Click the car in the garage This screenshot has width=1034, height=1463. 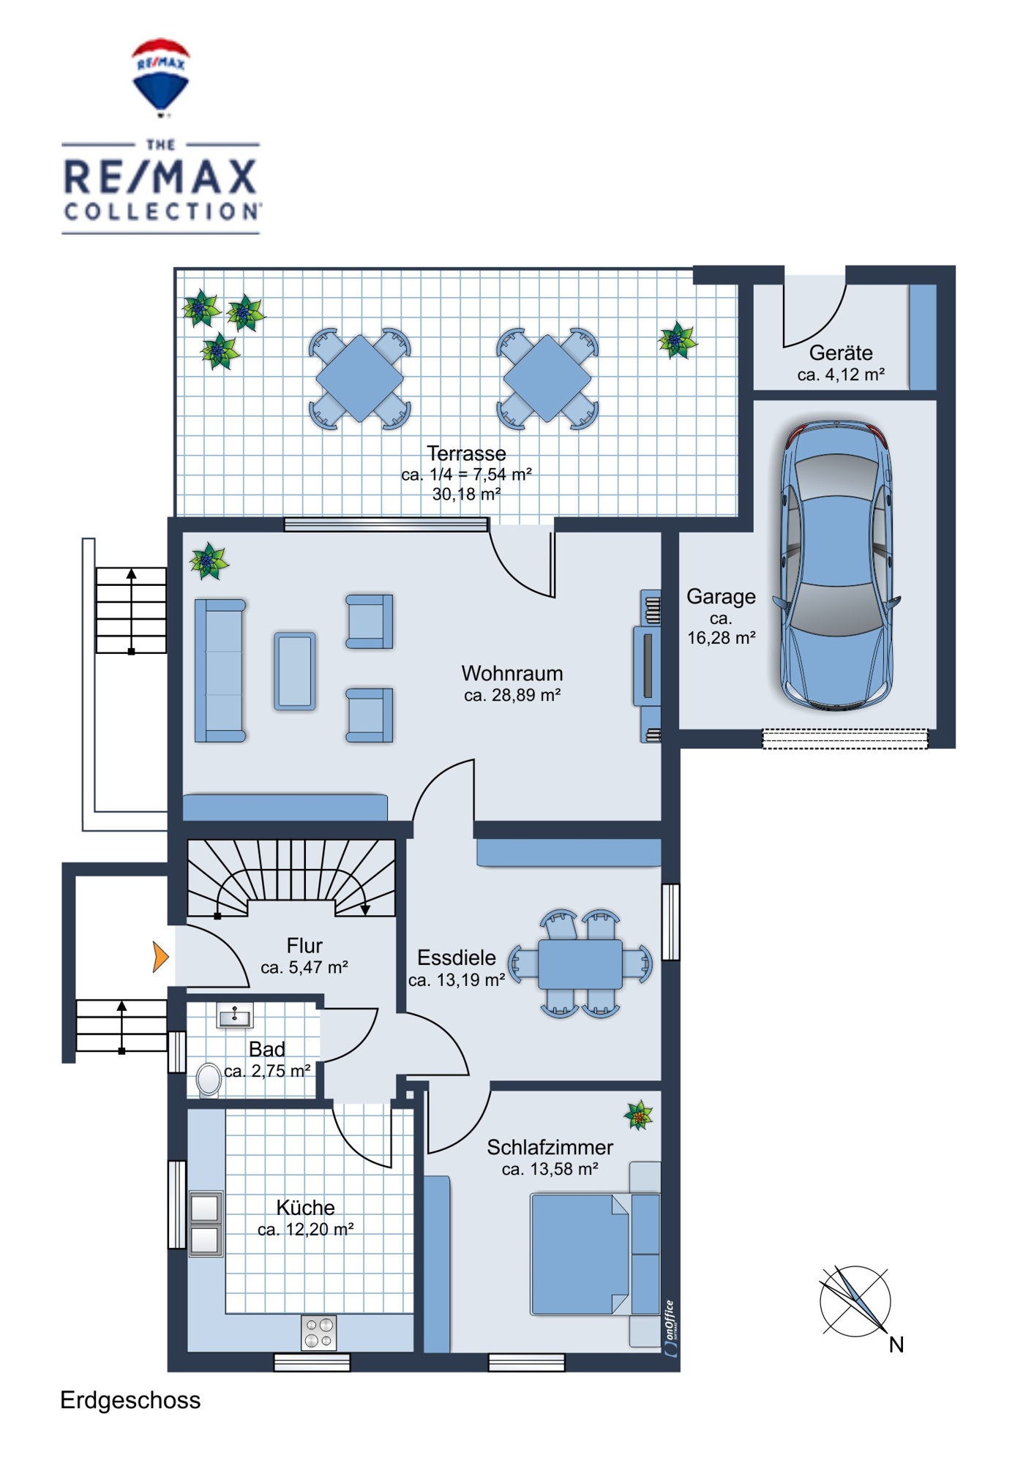click(x=836, y=565)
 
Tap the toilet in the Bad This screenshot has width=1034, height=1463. click(x=209, y=1080)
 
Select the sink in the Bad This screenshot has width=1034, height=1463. click(x=235, y=1016)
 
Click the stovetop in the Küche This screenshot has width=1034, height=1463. click(x=319, y=1333)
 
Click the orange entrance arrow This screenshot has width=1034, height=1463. click(x=161, y=957)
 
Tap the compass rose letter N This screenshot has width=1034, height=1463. click(x=896, y=1344)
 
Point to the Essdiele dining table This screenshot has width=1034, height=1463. click(x=580, y=963)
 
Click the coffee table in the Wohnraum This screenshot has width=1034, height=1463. click(x=295, y=671)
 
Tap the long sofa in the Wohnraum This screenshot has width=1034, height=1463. click(x=220, y=670)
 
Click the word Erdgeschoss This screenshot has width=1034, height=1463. click(x=130, y=1400)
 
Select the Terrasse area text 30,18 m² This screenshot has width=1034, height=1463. click(x=466, y=494)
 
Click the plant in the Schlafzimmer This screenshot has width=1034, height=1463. click(x=639, y=1116)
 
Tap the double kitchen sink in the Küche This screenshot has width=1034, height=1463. click(x=206, y=1224)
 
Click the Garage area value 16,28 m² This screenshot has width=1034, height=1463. click(x=721, y=638)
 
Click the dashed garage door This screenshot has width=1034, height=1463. click(x=845, y=739)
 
